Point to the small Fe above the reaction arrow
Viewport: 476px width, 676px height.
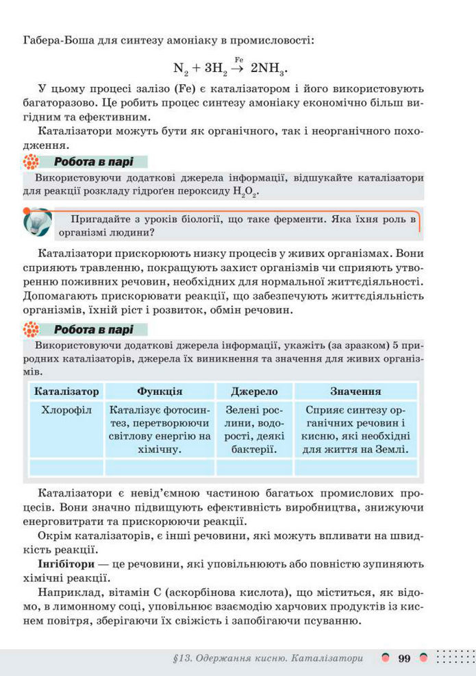[239, 60]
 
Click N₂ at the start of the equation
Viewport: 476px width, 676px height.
[180, 69]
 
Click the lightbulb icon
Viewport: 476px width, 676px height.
[38, 223]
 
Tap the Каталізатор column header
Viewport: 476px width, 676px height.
[66, 391]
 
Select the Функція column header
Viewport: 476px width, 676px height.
[159, 391]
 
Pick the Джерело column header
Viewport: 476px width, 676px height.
[254, 391]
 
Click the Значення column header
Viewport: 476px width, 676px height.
[355, 391]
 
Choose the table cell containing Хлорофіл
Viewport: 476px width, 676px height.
[66, 410]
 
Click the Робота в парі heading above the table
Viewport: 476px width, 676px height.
[93, 330]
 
